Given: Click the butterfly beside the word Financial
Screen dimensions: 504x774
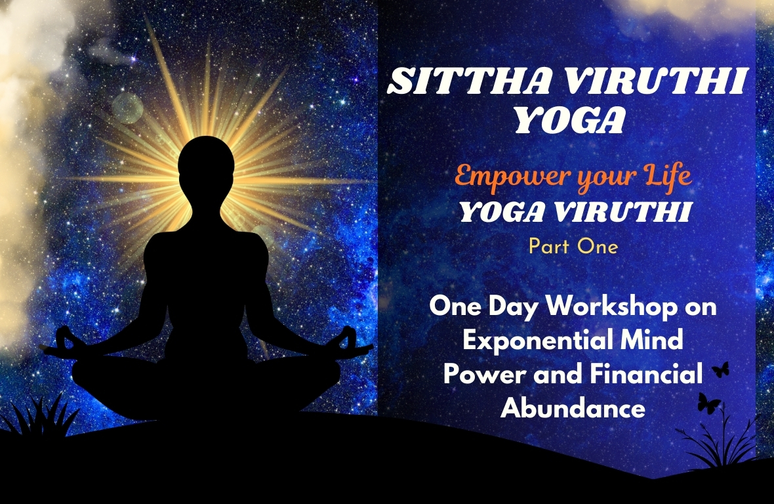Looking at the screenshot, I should coord(720,369).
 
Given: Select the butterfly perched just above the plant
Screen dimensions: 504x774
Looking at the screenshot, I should coord(709,402).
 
